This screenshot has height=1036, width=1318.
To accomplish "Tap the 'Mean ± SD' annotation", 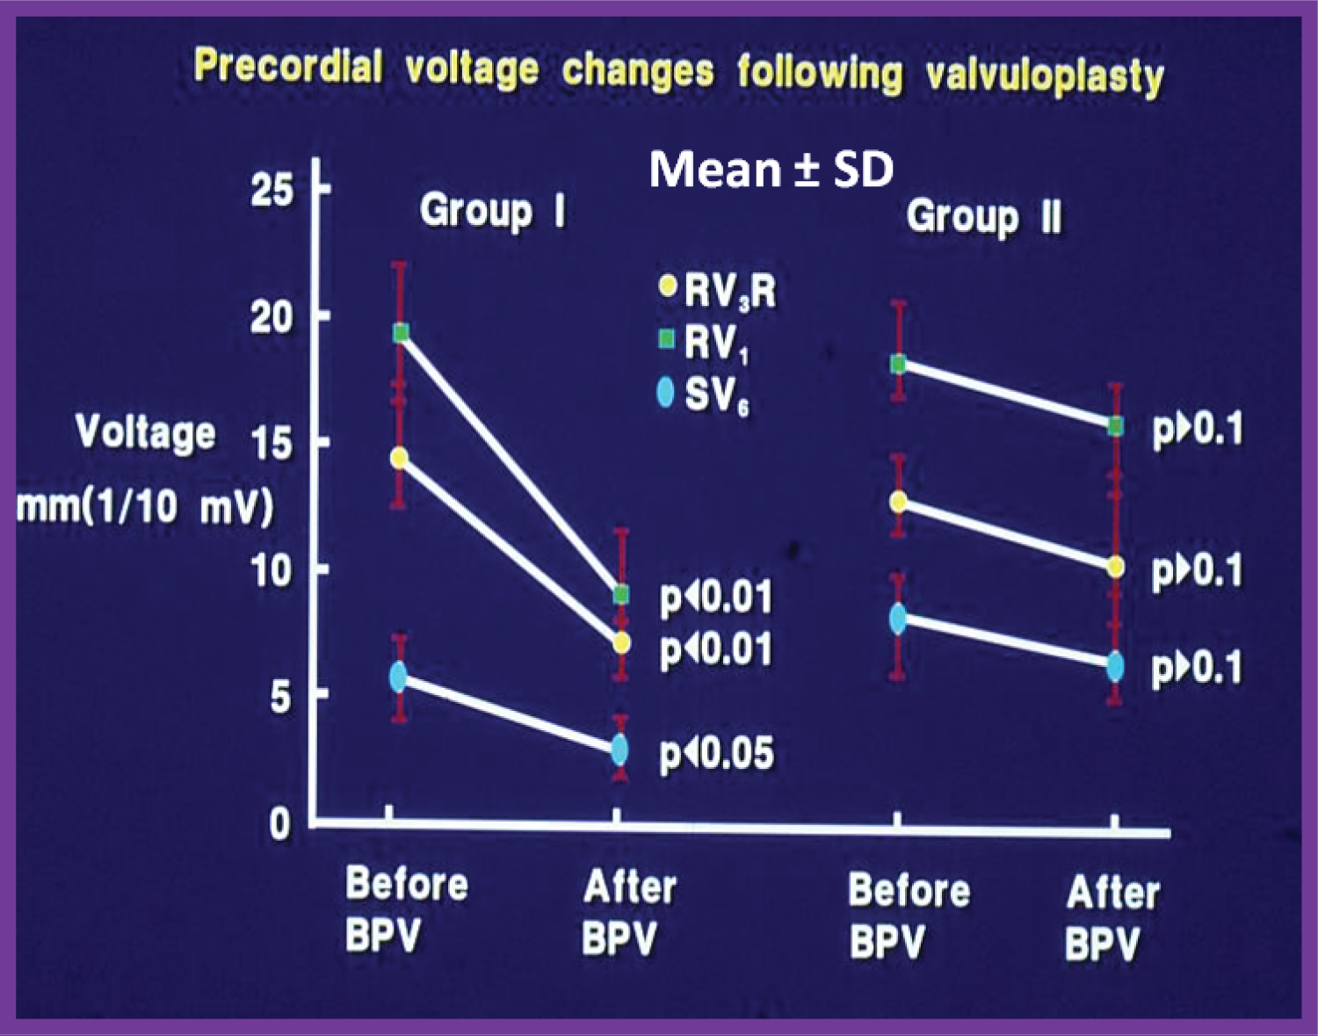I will coord(771,169).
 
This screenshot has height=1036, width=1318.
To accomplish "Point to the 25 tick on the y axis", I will coord(272,189).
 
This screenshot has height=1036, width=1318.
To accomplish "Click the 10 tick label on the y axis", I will coord(272,571).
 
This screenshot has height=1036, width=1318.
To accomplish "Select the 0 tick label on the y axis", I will coord(279,824).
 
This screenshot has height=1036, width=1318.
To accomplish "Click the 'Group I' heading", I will coord(491,211).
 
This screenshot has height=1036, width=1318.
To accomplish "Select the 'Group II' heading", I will coord(983,216).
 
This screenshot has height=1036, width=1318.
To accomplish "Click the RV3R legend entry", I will coord(719,290).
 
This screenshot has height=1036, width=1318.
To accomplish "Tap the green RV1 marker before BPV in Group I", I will coord(401,332).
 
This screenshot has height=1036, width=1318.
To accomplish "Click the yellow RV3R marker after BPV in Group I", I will coord(621,643).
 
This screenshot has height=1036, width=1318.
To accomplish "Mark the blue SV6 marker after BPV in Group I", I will coord(620,750).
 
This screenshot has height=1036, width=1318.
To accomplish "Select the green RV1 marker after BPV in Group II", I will coord(1116,426).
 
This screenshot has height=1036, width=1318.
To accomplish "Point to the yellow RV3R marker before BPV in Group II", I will coord(898,502).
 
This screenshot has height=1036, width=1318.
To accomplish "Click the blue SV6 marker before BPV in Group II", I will coord(898,619).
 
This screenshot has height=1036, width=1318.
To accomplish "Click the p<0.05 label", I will coord(717,754).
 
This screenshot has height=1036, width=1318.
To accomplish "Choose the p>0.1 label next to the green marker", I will coord(1197,430).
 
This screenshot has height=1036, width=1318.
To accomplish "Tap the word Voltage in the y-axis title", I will coord(145,432).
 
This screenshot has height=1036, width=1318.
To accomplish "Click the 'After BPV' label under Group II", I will coord(1112,919).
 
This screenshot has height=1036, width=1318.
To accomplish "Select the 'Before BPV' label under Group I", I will coord(406,909).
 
